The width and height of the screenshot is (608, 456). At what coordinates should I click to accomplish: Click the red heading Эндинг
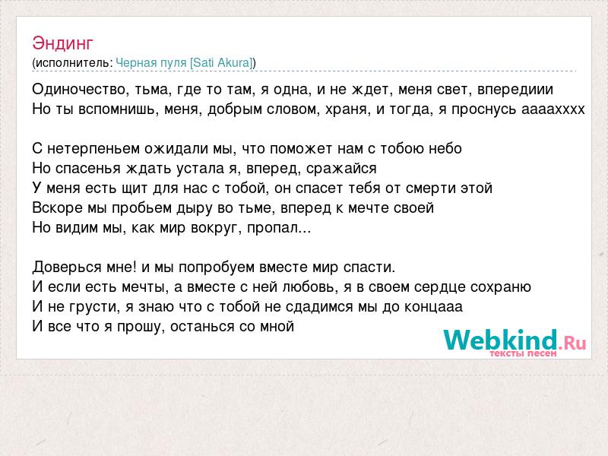click(x=62, y=43)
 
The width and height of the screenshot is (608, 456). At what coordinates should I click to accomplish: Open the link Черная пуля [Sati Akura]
click(x=184, y=62)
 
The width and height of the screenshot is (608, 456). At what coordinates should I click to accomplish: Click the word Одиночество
click(x=79, y=90)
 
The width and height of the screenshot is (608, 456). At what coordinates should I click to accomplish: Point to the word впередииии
click(x=515, y=90)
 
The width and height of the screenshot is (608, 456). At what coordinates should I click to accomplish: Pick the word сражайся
click(x=341, y=168)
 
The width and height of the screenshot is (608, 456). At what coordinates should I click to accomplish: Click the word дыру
click(x=195, y=207)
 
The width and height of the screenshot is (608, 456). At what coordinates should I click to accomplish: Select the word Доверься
click(x=67, y=268)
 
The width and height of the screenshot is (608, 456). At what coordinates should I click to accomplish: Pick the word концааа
click(x=433, y=307)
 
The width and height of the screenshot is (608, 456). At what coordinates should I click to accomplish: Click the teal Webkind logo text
click(x=501, y=340)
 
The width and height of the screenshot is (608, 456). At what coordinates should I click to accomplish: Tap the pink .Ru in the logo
click(x=572, y=343)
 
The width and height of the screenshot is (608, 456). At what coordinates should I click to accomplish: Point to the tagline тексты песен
click(x=523, y=353)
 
